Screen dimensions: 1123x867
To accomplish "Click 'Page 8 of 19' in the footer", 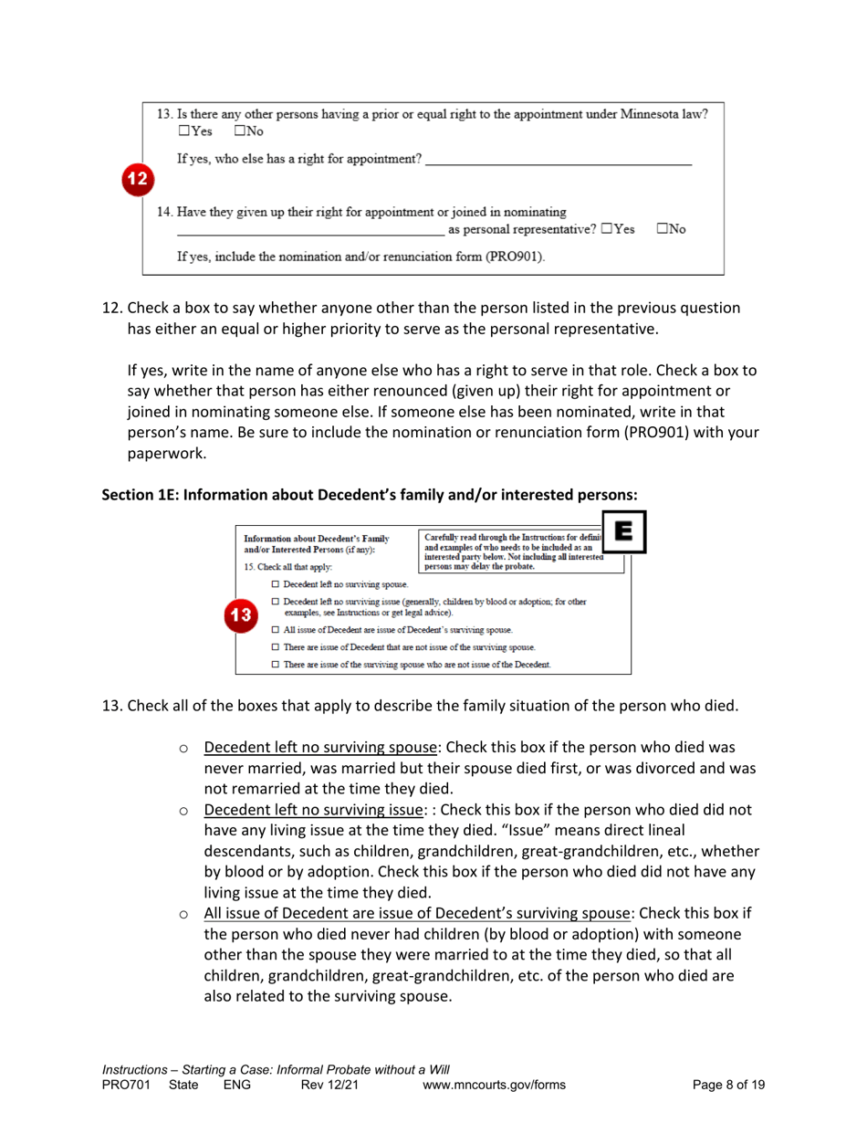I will coord(728,1085).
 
